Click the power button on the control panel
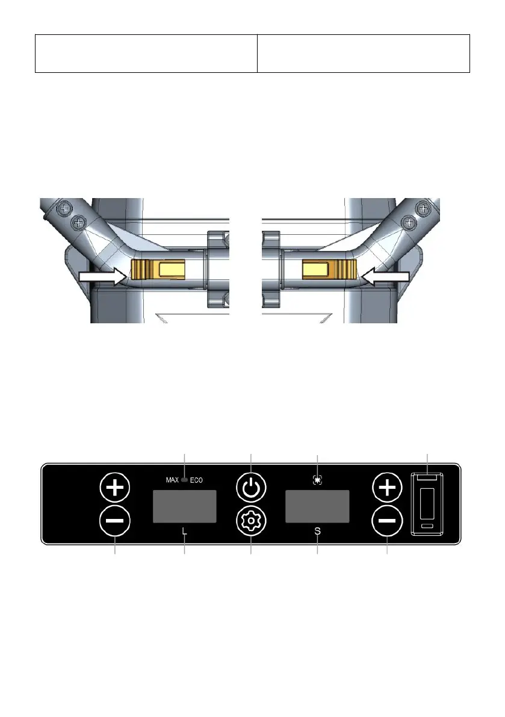pos(251,488)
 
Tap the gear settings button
pos(251,521)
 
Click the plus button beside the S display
pos(388,488)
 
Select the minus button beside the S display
pos(388,521)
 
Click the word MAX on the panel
pos(172,480)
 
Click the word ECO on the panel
pos(196,480)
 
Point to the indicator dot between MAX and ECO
pos(185,480)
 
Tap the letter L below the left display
pos(185,532)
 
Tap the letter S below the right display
pos(317,532)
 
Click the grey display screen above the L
pos(185,506)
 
